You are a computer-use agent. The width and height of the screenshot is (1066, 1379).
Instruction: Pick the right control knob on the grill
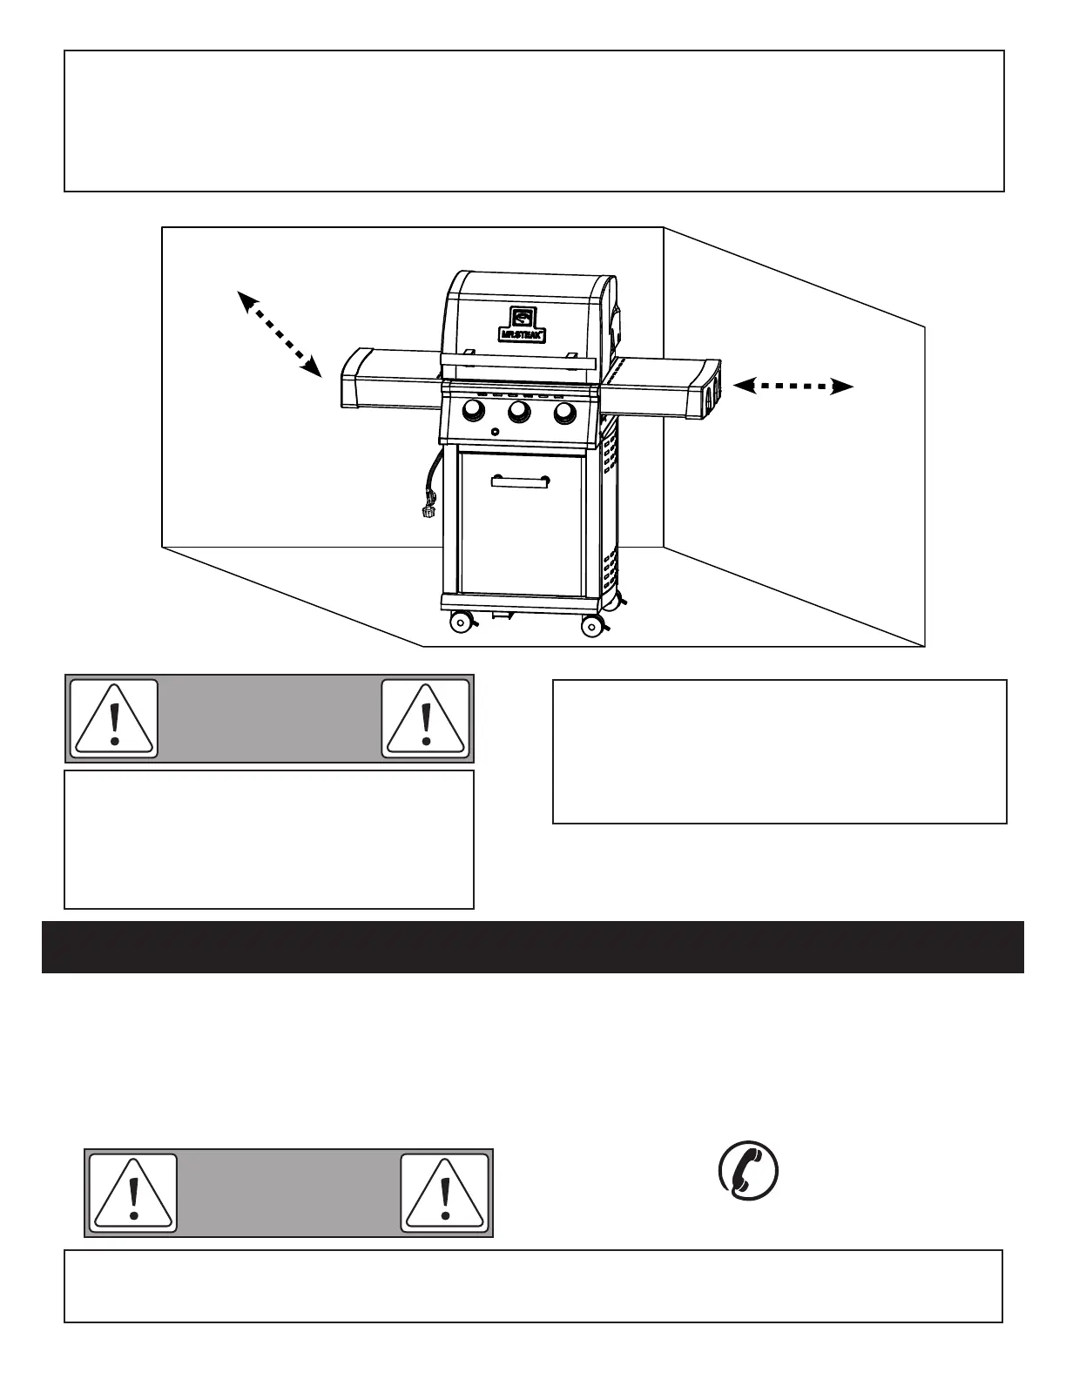tap(565, 411)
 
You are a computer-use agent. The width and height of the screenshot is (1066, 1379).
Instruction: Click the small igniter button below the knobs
tap(495, 433)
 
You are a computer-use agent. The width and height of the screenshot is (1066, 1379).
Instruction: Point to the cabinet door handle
tap(520, 481)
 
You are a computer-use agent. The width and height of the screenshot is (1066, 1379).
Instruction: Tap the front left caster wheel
tap(460, 622)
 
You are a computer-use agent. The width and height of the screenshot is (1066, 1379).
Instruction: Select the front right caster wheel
tap(592, 625)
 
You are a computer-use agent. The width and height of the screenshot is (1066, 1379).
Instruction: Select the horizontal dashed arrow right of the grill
tap(793, 386)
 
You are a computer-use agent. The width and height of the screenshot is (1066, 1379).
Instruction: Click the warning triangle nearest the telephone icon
tap(445, 1193)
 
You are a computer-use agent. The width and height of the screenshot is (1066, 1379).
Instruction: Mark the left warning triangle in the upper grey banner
tap(114, 719)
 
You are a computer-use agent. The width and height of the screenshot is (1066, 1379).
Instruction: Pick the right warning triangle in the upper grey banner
tap(426, 719)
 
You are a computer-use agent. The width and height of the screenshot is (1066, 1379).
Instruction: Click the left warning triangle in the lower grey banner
tap(133, 1193)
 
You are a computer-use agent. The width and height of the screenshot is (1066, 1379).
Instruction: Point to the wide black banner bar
tap(533, 947)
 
